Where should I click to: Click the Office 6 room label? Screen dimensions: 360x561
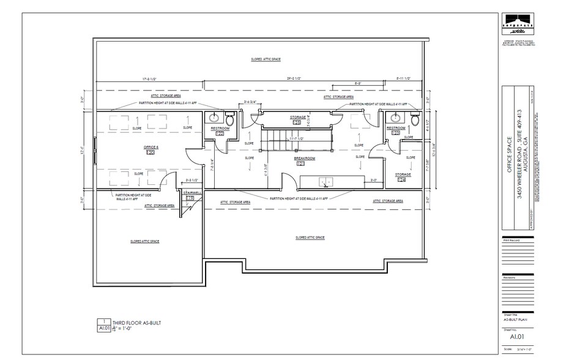click(151, 147)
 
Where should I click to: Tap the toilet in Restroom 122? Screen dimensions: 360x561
click(230, 119)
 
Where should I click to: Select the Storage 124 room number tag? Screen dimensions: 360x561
click(402, 180)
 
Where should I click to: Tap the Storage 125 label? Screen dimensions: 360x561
click(298, 116)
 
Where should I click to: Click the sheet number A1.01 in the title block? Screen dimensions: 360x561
click(517, 336)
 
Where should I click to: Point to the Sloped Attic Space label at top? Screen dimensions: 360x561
click(266, 59)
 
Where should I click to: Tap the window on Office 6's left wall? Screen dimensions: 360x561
click(95, 151)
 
